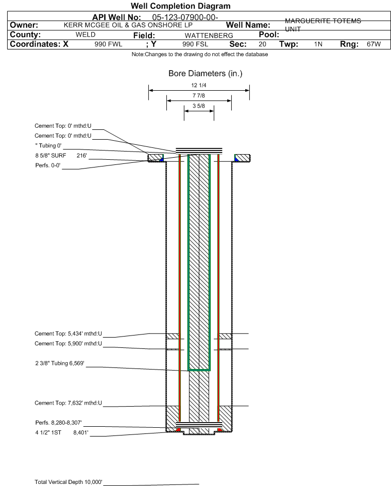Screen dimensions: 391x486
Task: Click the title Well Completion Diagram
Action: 180,6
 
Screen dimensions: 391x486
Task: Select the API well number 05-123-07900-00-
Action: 185,18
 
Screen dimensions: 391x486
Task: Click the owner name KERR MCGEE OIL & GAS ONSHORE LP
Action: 128,25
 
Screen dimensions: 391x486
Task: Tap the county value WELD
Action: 86,35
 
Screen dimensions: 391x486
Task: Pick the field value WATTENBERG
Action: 209,36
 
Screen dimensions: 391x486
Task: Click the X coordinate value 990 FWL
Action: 108,44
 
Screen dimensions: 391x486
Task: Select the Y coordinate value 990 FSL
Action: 195,44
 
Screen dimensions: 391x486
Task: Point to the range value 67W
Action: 373,44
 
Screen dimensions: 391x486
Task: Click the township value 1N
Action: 318,44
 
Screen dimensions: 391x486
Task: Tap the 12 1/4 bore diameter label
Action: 199,85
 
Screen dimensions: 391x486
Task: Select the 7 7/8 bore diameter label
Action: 199,95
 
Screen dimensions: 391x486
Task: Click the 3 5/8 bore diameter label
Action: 199,106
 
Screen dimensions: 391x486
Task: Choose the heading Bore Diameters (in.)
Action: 206,74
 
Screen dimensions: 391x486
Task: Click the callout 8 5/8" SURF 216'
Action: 61,155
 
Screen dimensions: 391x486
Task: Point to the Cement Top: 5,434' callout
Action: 68,333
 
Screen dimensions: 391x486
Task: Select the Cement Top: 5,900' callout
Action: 68,343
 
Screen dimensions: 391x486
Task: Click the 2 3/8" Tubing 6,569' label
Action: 60,363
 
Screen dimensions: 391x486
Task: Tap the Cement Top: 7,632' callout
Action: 68,403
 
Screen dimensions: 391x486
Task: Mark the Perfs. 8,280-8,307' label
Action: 59,423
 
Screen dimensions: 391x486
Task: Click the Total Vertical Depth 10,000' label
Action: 69,482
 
